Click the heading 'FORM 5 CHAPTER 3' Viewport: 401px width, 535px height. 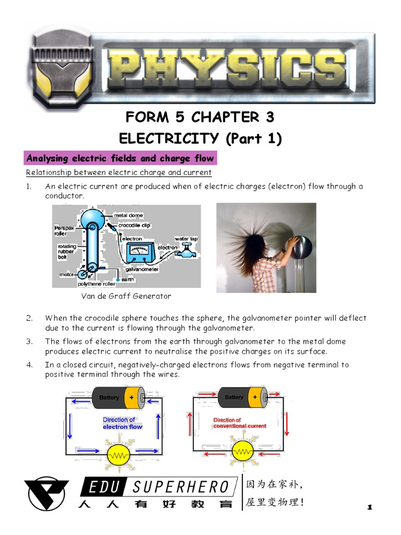click(x=200, y=117)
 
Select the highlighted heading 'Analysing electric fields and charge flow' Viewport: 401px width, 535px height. click(x=120, y=158)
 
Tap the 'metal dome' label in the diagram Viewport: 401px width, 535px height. click(x=128, y=215)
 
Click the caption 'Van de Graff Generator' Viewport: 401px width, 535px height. click(x=126, y=296)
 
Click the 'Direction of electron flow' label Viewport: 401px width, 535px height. click(x=122, y=423)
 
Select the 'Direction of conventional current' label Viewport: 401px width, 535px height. click(x=239, y=423)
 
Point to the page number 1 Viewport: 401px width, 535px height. click(x=370, y=507)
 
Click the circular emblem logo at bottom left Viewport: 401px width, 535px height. click(x=46, y=493)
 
